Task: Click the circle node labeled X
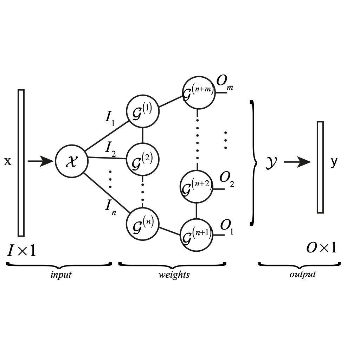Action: pyautogui.click(x=71, y=161)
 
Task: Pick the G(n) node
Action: pyautogui.click(x=142, y=224)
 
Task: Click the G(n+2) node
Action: pyautogui.click(x=196, y=186)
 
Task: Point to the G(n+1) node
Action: pyautogui.click(x=196, y=235)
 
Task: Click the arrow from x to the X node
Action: pyautogui.click(x=40, y=161)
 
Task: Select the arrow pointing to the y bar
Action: pyautogui.click(x=297, y=162)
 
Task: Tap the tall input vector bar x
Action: pyautogui.click(x=21, y=163)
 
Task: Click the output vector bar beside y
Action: pyautogui.click(x=320, y=167)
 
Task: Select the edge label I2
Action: pyautogui.click(x=111, y=149)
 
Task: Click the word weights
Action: pyautogui.click(x=174, y=275)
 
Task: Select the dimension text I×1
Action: pyautogui.click(x=22, y=251)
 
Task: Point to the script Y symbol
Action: pyautogui.click(x=271, y=162)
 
